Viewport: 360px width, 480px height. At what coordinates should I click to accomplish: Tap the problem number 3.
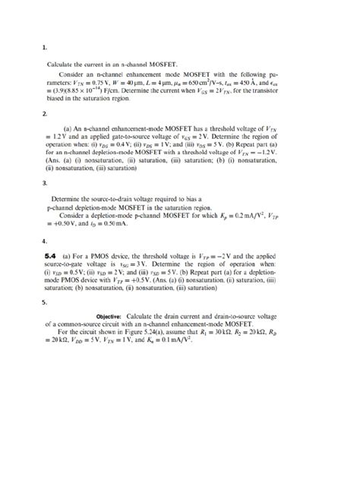pos(45,183)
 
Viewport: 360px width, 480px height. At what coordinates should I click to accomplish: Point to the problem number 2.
pos(45,114)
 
